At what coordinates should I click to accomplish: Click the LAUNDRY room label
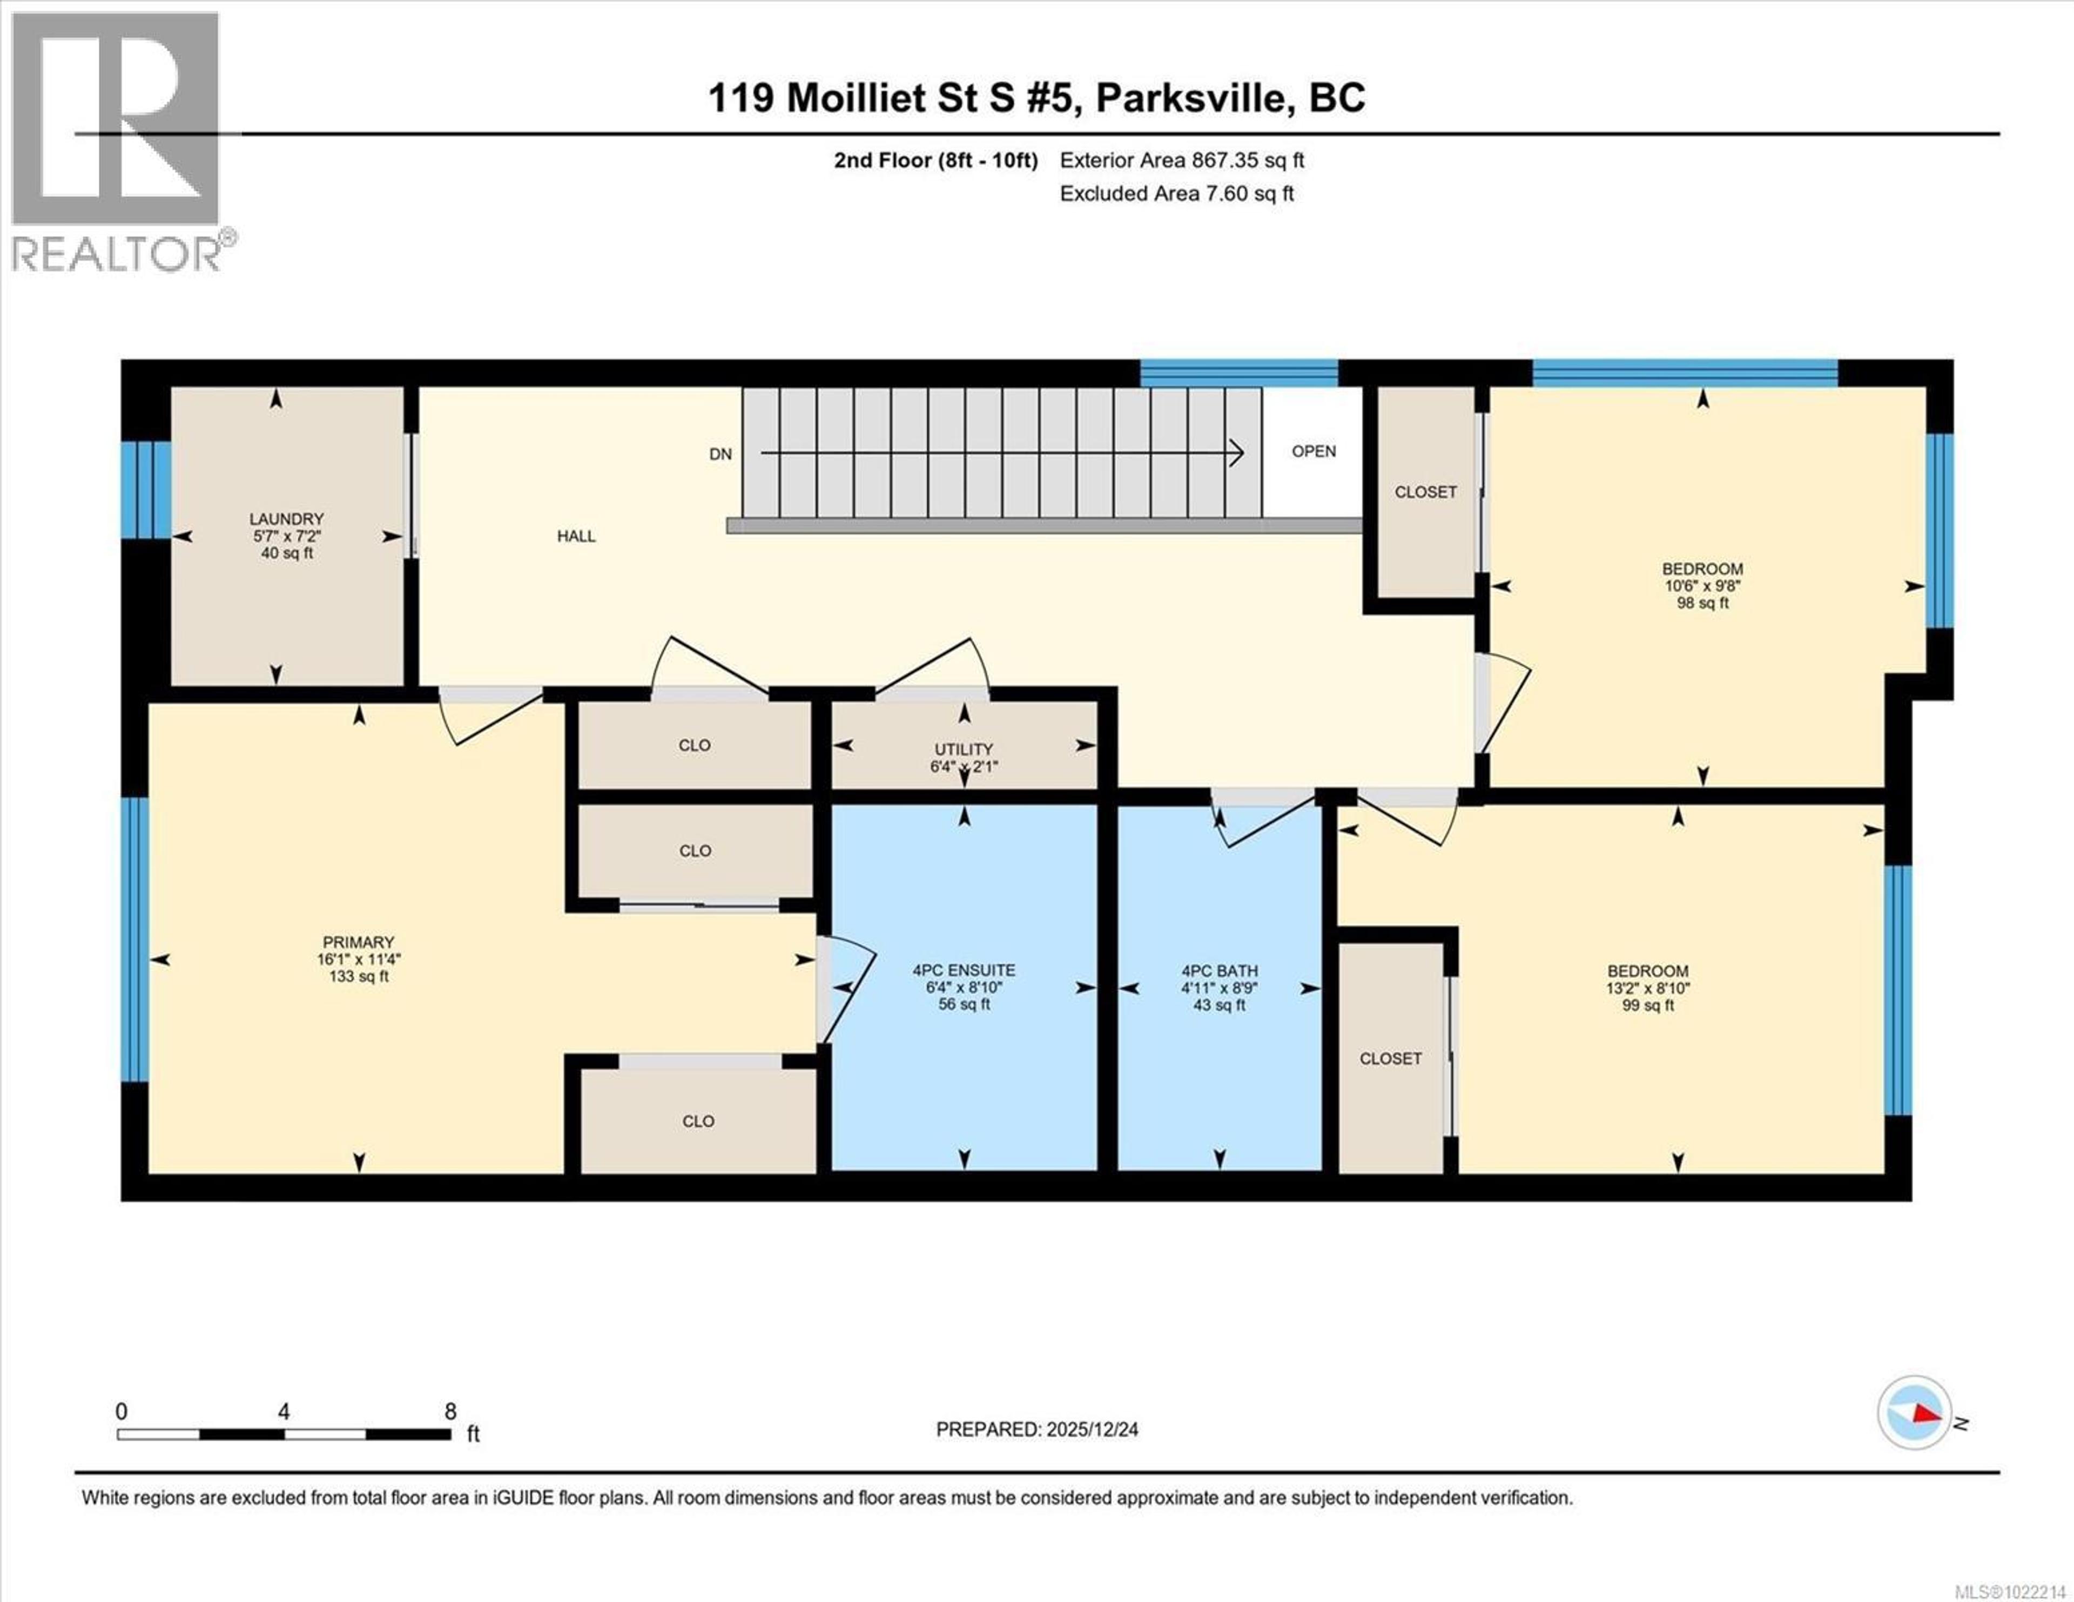point(286,518)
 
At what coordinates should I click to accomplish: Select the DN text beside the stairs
point(720,454)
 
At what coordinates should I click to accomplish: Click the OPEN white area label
point(1314,451)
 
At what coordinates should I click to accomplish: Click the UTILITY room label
point(963,749)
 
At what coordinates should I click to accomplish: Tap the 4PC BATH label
point(1220,970)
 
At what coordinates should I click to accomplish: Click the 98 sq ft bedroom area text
point(1702,603)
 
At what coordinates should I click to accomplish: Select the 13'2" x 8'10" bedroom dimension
point(1648,988)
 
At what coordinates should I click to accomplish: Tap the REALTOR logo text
point(116,254)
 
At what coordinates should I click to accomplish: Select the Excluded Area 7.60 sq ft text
point(1176,194)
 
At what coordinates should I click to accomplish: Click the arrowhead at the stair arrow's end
point(1236,453)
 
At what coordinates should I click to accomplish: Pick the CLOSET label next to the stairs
point(1424,492)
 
